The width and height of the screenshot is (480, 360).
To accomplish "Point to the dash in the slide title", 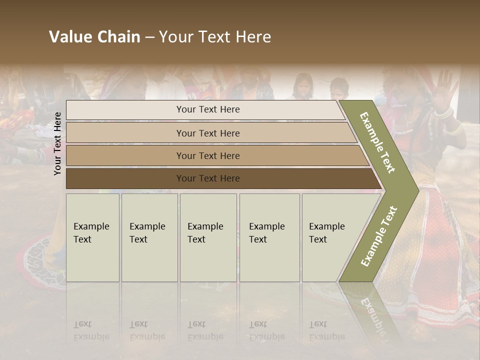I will [149, 37].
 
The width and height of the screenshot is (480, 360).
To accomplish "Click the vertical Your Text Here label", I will [58, 143].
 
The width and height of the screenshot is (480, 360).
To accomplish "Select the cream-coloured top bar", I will [205, 109].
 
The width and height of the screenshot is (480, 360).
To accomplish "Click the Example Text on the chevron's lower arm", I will [379, 236].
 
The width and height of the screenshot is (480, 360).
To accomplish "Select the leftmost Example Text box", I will [92, 237].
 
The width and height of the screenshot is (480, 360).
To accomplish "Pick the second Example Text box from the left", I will [149, 237].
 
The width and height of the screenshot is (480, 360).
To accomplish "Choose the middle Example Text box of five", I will [208, 237].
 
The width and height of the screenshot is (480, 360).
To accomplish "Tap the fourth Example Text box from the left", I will [269, 237].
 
